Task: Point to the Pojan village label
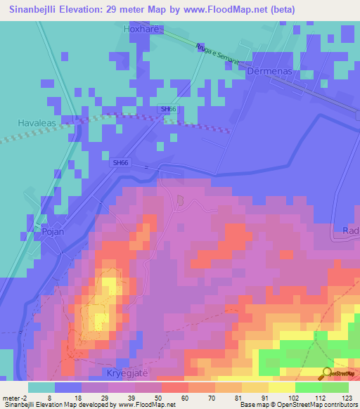[x=53, y=231]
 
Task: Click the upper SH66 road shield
[x=167, y=109]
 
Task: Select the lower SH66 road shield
[x=120, y=162]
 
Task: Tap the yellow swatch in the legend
[x=281, y=387]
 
